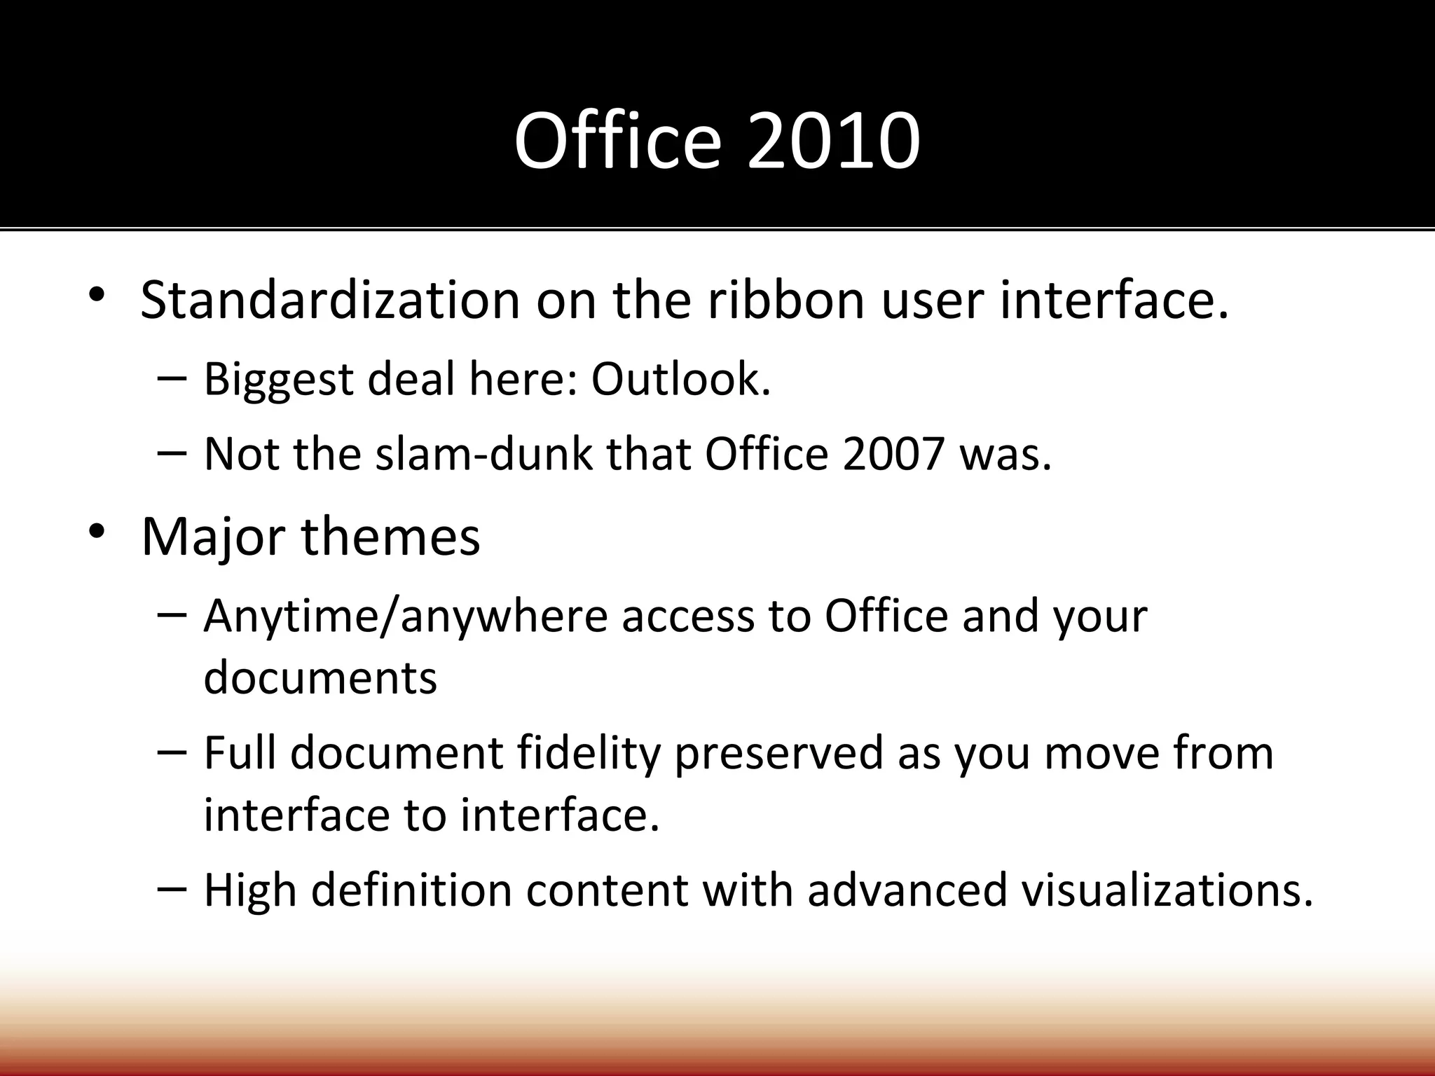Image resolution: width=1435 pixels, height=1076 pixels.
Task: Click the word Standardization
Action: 330,300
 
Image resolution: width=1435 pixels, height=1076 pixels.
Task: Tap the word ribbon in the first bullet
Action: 785,300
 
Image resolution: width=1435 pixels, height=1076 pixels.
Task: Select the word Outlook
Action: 680,379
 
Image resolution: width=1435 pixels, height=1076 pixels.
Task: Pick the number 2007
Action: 894,454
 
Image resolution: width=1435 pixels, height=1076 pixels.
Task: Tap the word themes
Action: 390,536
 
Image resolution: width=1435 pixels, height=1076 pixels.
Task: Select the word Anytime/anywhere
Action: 405,617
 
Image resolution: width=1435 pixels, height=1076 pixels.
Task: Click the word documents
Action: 320,677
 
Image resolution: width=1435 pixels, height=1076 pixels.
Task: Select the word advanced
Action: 907,890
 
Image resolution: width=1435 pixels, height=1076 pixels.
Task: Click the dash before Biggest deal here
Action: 172,378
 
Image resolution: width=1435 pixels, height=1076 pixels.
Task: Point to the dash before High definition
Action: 172,888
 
